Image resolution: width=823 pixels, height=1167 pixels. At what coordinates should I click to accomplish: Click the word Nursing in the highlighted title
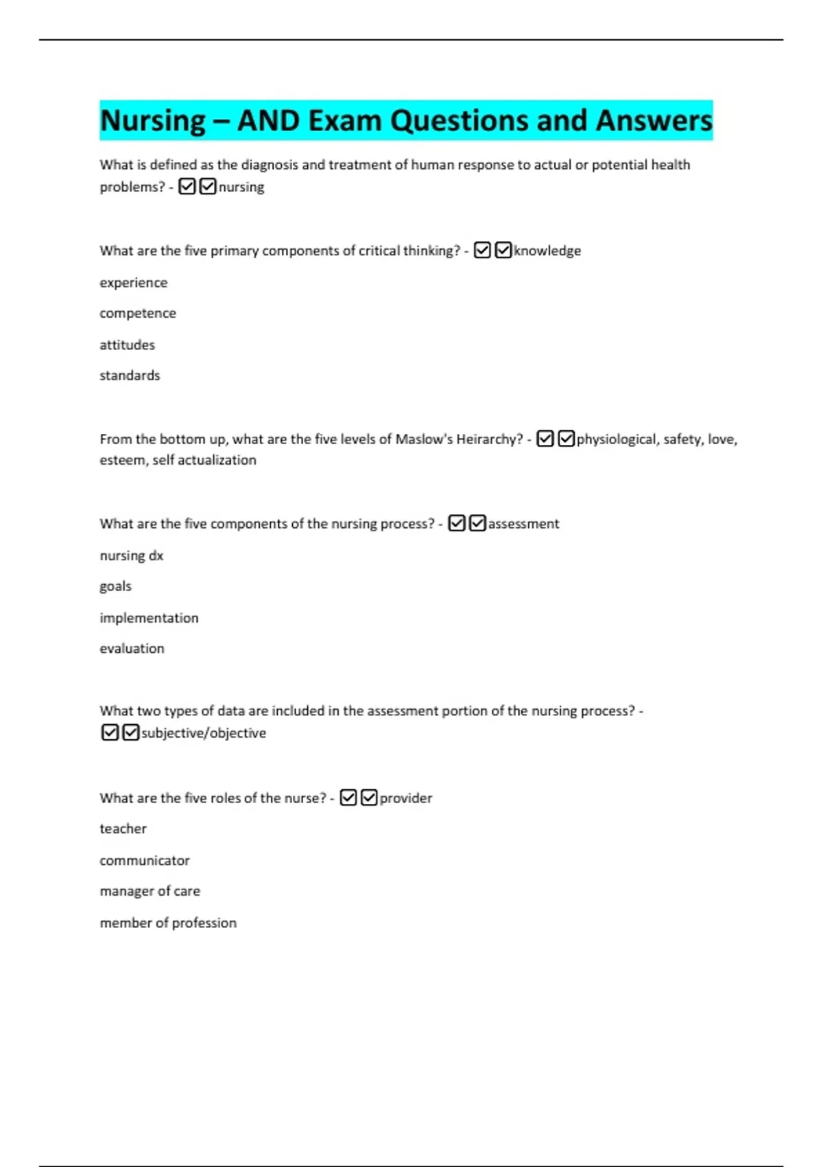pos(153,122)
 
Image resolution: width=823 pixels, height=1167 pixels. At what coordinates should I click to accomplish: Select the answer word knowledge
pos(547,251)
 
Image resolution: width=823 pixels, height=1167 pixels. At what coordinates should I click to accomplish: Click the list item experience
pos(133,283)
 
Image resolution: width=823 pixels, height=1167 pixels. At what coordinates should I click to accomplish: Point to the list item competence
pos(138,314)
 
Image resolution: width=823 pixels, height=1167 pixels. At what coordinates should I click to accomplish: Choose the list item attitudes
pos(127,345)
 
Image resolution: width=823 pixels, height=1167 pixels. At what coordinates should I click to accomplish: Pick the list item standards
pos(130,375)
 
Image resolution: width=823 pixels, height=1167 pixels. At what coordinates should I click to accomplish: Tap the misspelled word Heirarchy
pos(489,439)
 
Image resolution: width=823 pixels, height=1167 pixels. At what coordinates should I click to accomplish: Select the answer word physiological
pos(616,439)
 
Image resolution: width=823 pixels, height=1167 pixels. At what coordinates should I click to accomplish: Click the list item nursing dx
pos(132,556)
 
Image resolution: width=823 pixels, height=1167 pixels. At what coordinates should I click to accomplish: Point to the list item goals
pos(115,587)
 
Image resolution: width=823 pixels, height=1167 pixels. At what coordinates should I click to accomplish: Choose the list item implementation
pos(149,619)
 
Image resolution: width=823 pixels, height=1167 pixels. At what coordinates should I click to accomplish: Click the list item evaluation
pos(132,649)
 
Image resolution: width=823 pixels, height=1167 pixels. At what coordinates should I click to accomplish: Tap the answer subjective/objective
pos(204,733)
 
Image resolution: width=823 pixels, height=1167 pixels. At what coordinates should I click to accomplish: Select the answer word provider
pos(406,798)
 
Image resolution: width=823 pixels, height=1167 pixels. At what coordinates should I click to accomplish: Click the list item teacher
pos(123,829)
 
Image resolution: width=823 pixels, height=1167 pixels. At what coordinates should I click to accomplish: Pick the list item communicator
pos(145,861)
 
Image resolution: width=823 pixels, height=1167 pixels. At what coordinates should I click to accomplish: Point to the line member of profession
pos(168,923)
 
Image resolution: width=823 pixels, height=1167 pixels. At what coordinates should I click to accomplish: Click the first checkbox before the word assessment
pos(457,524)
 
